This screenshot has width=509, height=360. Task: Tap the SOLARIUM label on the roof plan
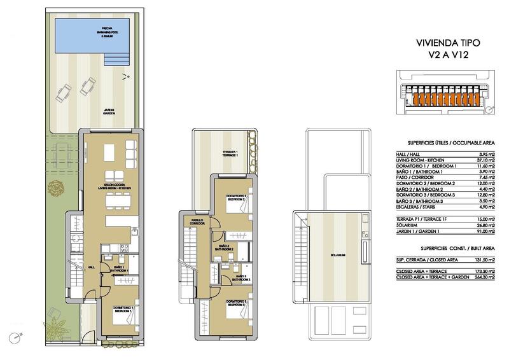click(x=338, y=255)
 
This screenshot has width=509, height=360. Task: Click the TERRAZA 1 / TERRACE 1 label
click(x=229, y=153)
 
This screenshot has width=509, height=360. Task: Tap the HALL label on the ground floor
click(x=91, y=267)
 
